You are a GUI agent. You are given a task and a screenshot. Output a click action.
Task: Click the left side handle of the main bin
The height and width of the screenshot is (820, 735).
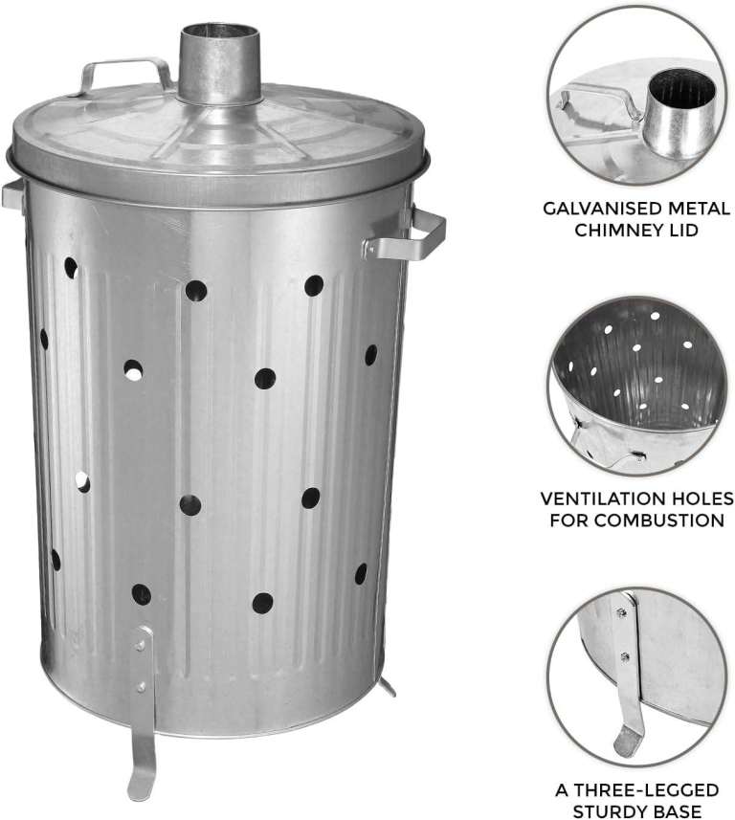tap(12, 195)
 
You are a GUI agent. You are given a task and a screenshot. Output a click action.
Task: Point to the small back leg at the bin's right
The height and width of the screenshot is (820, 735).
tap(387, 686)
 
